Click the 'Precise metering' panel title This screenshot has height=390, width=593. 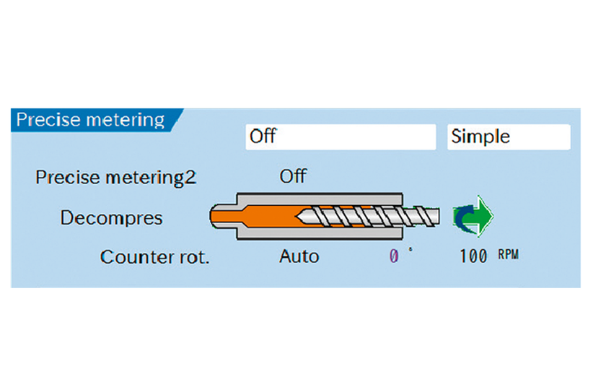(x=90, y=119)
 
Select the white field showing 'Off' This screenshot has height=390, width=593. (x=340, y=136)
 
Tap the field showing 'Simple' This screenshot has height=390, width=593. (x=508, y=136)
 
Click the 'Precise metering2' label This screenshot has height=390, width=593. (x=115, y=177)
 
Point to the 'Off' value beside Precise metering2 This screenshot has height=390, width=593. (x=292, y=176)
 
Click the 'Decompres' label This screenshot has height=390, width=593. (x=112, y=217)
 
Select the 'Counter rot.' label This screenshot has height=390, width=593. (x=154, y=257)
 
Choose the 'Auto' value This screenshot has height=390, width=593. (x=299, y=256)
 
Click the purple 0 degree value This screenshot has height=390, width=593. (x=394, y=256)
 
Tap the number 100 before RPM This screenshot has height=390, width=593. (x=473, y=257)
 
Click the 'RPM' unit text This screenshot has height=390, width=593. (x=508, y=256)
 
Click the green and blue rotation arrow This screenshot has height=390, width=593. (x=472, y=216)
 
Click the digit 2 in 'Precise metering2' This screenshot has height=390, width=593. (x=190, y=178)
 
